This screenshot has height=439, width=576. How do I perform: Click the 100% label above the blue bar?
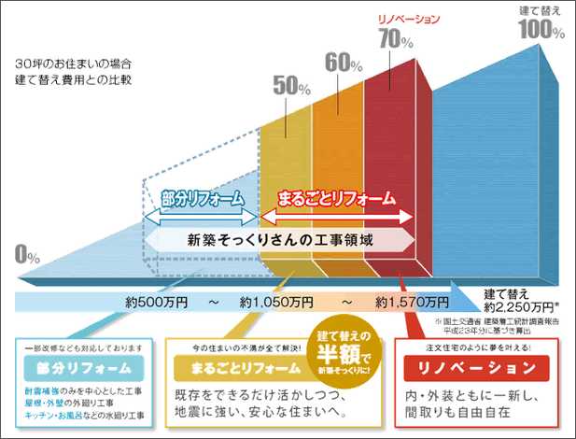point(541,29)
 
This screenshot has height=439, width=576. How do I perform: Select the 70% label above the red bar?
point(396,39)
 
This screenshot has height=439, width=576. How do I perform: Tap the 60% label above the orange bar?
point(344,63)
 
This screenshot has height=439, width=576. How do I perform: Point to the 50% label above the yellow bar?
point(291,85)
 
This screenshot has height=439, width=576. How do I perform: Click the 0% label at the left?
point(27,254)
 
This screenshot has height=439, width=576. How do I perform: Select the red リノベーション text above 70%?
point(396,19)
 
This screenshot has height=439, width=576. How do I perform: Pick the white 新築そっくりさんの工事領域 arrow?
point(280,240)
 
